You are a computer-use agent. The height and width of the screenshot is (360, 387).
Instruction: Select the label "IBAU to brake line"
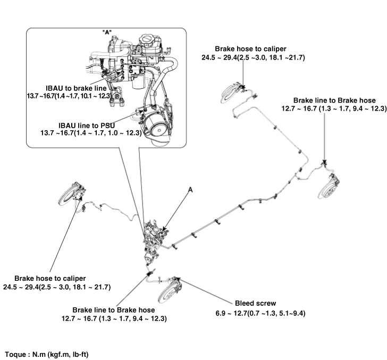(x=78, y=87)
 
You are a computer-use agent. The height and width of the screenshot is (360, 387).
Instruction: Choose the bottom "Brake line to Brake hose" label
(x=114, y=309)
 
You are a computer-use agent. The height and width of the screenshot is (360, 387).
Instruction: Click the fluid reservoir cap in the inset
(x=148, y=40)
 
